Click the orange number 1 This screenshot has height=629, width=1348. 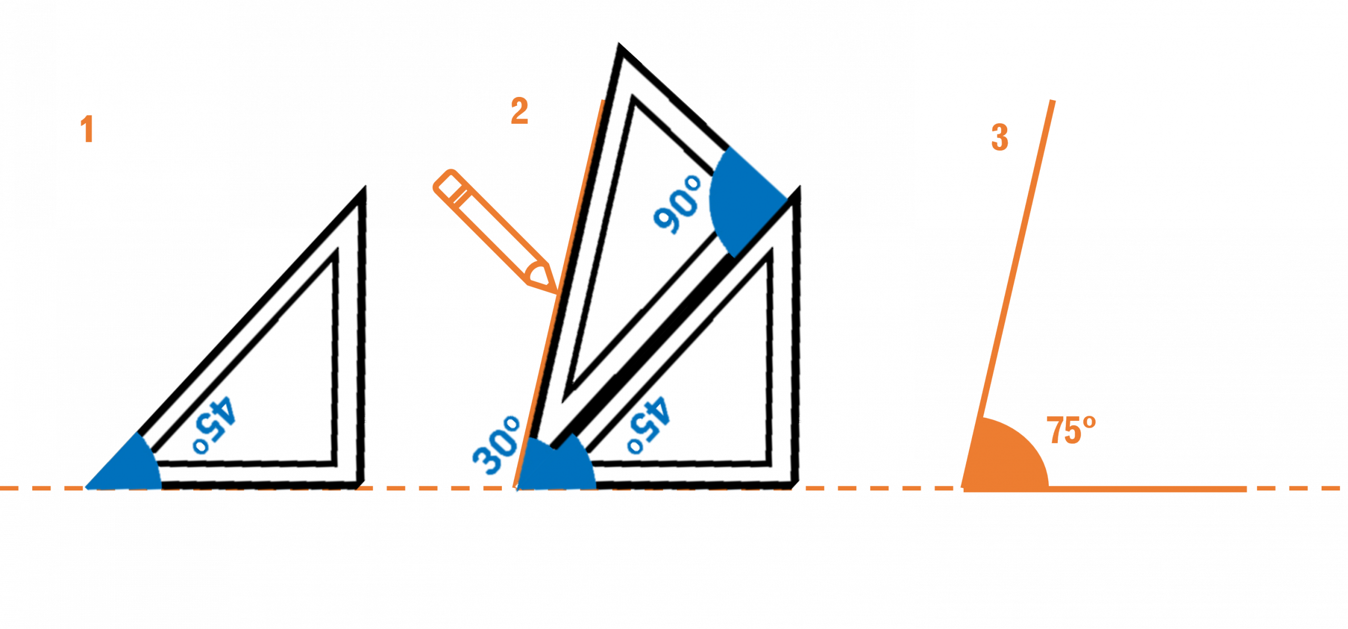(x=87, y=129)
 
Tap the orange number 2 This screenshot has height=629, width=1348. (x=519, y=111)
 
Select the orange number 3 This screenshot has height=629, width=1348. (x=999, y=137)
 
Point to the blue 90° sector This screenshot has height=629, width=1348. (x=742, y=200)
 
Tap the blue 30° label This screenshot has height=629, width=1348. (x=497, y=445)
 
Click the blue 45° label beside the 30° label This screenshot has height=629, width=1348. (x=649, y=425)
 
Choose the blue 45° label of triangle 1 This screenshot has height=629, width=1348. (x=214, y=425)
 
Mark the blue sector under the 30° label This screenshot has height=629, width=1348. (x=558, y=466)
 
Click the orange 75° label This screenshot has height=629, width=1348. (x=1071, y=431)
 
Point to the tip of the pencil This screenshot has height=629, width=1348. (x=554, y=290)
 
